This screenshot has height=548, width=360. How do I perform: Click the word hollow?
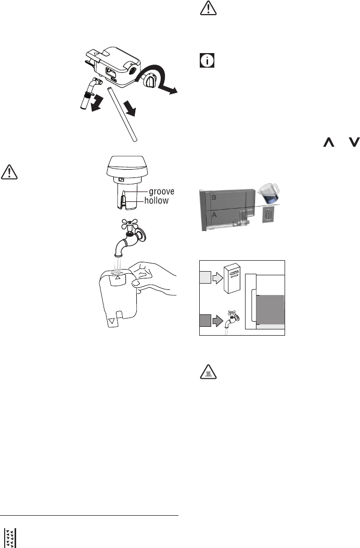pyautogui.click(x=156, y=200)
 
